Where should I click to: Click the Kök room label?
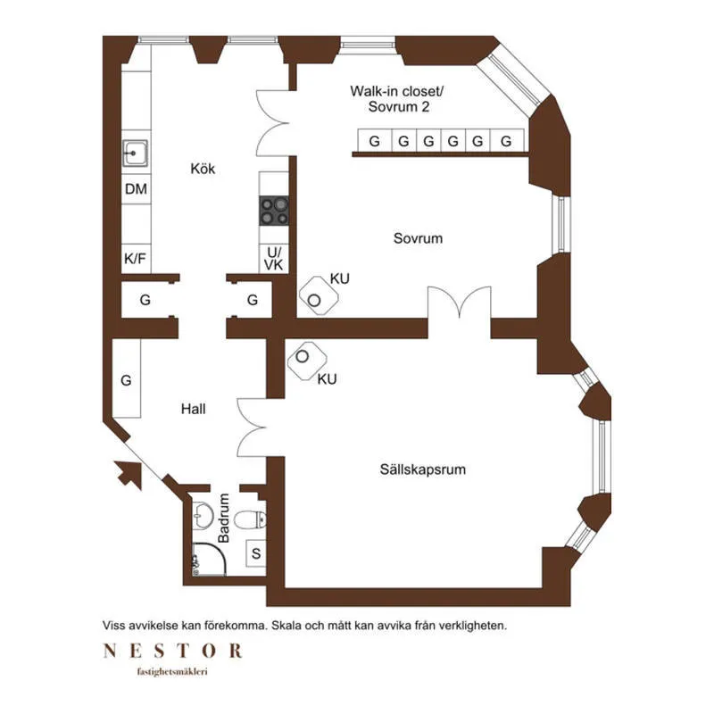click(203, 169)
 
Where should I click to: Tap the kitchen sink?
click(136, 153)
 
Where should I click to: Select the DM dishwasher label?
click(136, 188)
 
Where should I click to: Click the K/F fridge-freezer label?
click(136, 259)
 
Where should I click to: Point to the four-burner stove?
click(274, 211)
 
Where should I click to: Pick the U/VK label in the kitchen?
click(274, 259)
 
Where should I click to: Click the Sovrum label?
click(418, 238)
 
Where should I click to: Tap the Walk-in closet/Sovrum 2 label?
click(397, 99)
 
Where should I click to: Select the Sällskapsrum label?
click(423, 469)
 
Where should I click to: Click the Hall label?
click(193, 409)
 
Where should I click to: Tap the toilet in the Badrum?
click(250, 519)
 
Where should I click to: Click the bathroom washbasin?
click(203, 516)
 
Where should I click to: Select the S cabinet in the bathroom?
click(256, 553)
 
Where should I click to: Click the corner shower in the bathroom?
click(209, 560)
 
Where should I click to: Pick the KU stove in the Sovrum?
click(319, 296)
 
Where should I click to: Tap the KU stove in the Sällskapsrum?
click(307, 361)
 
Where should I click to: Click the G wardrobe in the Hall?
click(127, 378)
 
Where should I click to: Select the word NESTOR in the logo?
click(173, 651)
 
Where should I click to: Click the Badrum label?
click(224, 519)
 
